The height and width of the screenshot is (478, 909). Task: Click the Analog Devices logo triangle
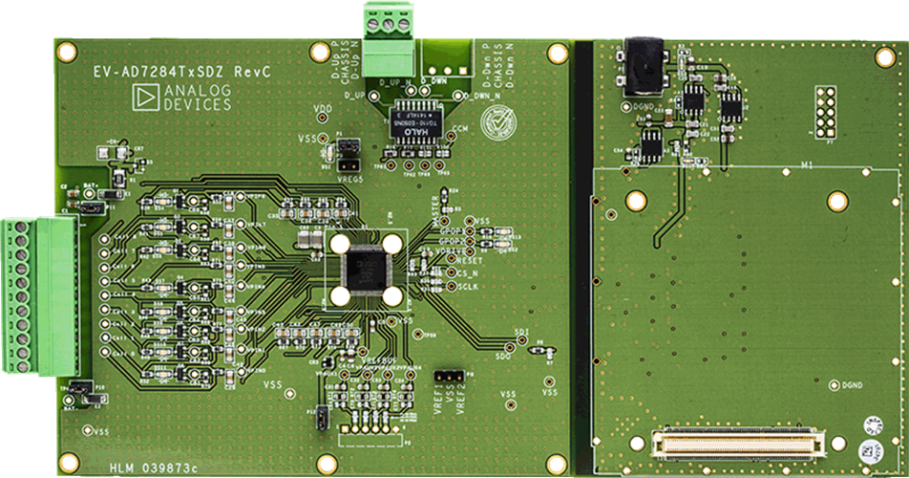pos(146,96)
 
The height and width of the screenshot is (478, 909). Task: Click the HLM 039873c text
pos(154,466)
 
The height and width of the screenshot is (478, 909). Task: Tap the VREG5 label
pos(351,178)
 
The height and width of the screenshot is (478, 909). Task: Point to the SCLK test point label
pos(468,286)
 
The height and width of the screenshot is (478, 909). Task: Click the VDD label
pos(323,108)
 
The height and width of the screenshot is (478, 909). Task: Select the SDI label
pos(521,332)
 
